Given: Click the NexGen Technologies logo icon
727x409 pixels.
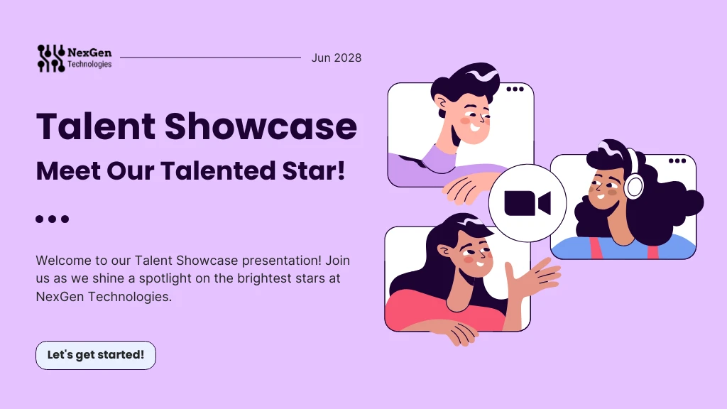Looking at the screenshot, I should [50, 58].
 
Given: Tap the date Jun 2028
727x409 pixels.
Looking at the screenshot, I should [336, 58].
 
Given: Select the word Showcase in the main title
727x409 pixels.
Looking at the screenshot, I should [261, 126].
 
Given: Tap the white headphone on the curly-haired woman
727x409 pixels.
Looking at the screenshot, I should [634, 185].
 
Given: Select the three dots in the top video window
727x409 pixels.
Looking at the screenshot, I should [515, 89].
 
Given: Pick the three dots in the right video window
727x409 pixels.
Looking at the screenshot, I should [677, 160].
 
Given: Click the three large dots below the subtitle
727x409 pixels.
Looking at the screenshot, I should [52, 219].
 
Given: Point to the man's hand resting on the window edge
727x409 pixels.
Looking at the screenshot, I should [466, 188].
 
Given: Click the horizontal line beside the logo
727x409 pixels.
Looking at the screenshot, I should [211, 58].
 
